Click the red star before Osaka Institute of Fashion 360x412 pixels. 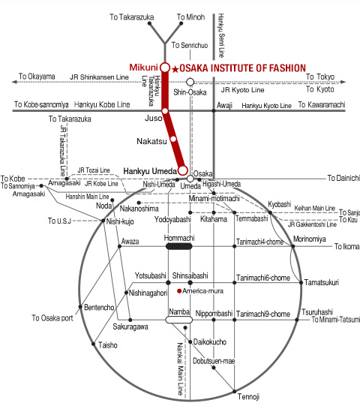[175, 69]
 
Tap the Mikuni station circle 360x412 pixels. [165, 68]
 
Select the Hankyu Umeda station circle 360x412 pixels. [183, 170]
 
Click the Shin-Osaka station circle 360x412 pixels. [190, 82]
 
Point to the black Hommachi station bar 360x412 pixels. [179, 246]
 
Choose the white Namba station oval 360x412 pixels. [178, 320]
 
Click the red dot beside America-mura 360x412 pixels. [179, 291]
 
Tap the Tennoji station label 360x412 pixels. [248, 396]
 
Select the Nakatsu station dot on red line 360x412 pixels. [173, 139]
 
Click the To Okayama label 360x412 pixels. [37, 77]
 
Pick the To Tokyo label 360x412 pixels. [320, 77]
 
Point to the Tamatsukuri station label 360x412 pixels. [322, 282]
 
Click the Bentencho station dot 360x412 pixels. [80, 307]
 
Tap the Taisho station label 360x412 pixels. [108, 345]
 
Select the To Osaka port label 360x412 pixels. [52, 318]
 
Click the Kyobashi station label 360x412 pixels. [280, 204]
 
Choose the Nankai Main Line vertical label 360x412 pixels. [180, 369]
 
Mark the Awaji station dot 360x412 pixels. [214, 110]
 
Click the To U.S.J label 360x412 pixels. [59, 221]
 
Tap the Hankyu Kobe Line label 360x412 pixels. [102, 104]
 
